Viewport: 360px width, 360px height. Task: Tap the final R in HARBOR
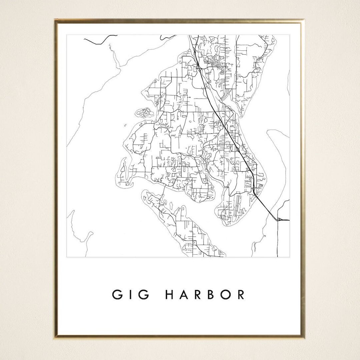pos(241,295)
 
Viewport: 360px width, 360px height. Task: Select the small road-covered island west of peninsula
pos(144,113)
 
